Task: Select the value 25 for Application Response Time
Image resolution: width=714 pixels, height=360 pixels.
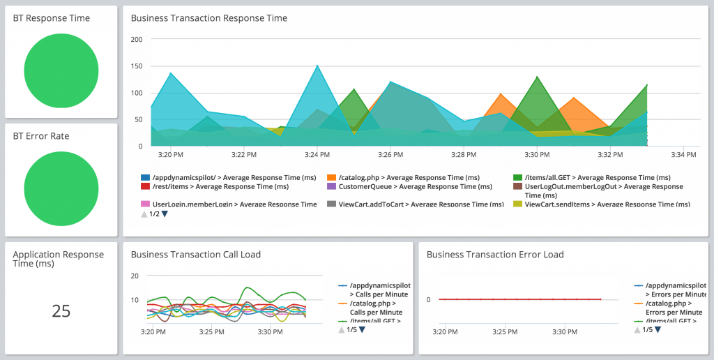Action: pos(61,311)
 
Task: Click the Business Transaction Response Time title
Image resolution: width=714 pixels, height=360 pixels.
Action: pos(208,18)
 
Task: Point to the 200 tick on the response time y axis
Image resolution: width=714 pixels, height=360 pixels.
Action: pos(137,40)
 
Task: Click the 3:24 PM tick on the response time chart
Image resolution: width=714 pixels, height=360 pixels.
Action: pos(317,154)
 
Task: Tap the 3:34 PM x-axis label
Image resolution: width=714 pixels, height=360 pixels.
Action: pos(683,154)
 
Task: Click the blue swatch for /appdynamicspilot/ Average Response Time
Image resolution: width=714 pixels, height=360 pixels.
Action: pos(145,178)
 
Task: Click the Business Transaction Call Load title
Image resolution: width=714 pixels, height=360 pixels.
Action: pos(195,255)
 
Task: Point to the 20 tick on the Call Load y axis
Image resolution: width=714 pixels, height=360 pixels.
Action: pos(135,276)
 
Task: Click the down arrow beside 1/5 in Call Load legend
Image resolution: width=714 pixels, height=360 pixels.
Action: pos(361,330)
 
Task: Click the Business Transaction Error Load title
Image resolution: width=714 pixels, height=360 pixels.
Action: pos(494,255)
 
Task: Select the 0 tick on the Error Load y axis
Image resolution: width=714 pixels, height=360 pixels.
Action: pos(429,299)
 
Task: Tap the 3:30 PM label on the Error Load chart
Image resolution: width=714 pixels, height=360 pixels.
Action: pos(564,331)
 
